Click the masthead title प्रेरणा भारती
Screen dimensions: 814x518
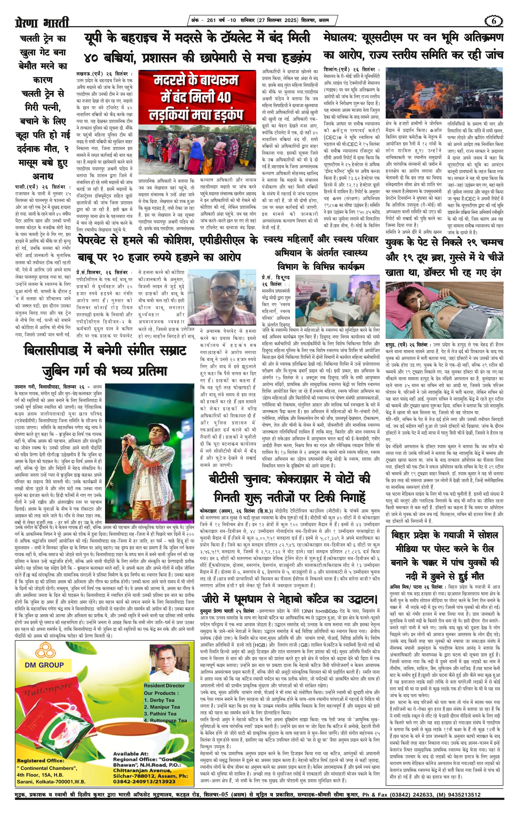pos(42,23)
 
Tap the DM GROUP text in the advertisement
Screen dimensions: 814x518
pos(44,665)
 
